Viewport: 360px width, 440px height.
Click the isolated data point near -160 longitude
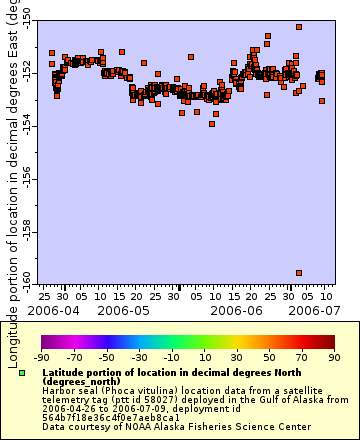(299, 272)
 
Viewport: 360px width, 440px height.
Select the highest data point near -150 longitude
(299, 27)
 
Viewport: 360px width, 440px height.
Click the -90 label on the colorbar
(41, 356)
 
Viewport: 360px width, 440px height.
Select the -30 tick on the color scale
(137, 356)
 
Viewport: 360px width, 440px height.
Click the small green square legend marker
(22, 373)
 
